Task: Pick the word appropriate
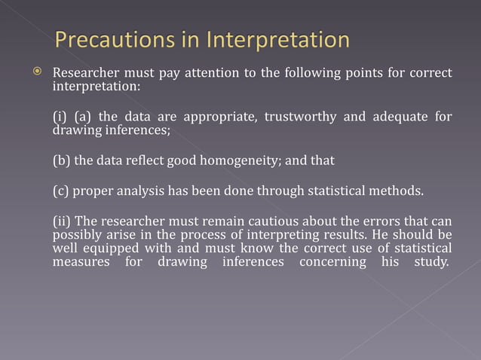click(209, 117)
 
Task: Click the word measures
click(80, 262)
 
